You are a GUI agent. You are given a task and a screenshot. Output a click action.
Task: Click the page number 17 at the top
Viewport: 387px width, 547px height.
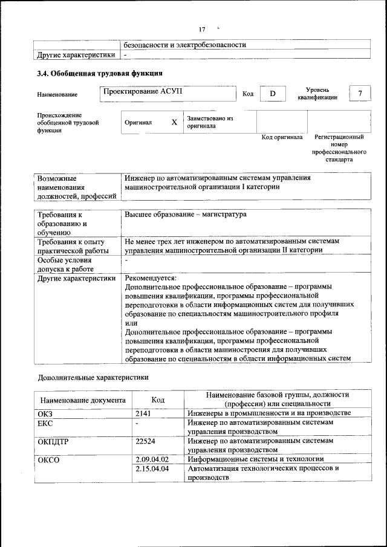click(x=202, y=30)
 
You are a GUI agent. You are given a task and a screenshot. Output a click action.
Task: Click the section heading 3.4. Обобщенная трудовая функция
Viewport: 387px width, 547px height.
click(x=99, y=74)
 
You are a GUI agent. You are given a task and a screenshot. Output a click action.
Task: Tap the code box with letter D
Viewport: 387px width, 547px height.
click(x=272, y=94)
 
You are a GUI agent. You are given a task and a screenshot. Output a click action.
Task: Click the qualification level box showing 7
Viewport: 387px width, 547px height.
click(x=360, y=94)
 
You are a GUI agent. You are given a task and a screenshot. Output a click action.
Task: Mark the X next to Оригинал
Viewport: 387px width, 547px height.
click(x=174, y=122)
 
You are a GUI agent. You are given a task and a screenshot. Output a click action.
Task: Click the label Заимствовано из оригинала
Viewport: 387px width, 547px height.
click(x=210, y=122)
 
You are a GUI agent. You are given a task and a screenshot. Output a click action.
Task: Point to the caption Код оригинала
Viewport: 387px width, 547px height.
click(x=282, y=137)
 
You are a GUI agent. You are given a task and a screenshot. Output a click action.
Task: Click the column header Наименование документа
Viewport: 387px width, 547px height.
click(x=83, y=400)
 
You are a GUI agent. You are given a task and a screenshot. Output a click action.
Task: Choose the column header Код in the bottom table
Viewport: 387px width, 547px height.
click(x=158, y=400)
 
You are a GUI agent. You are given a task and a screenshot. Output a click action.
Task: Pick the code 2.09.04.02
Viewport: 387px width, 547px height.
click(x=152, y=459)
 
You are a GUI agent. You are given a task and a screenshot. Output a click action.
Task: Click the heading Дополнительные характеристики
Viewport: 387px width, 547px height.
click(x=93, y=377)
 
